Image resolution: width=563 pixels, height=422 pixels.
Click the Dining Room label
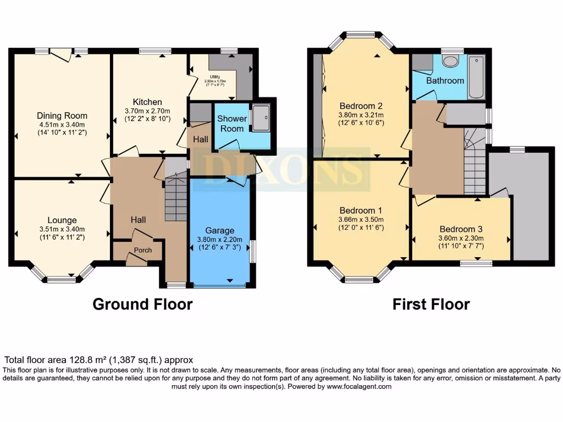62,116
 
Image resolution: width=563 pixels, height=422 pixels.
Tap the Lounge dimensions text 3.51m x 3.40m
62,229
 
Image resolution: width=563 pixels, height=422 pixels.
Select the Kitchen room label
147,102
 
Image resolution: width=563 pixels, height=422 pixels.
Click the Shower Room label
231,124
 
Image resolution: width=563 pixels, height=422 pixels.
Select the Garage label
220,230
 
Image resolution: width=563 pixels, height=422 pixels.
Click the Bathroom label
445,80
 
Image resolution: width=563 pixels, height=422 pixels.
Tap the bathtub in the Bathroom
476,77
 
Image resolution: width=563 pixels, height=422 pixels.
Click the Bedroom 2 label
361,106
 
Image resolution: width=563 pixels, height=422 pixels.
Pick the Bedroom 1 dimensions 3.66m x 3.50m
361,219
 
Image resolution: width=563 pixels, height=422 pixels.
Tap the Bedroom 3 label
461,229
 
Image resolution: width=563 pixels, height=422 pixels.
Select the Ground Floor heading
142,304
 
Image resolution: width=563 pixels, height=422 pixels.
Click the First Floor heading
431,304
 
